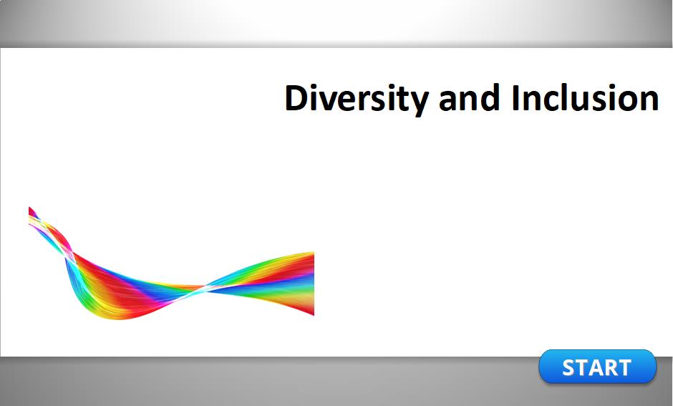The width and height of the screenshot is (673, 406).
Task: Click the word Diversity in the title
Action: pos(357,98)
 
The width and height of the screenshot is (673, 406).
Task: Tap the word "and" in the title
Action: pos(470,97)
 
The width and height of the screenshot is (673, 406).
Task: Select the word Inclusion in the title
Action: pos(585,97)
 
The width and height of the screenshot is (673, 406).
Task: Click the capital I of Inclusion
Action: pos(515,98)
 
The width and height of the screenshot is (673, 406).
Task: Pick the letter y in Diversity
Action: pos(419,103)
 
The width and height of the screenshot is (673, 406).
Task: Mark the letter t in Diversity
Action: pos(401,99)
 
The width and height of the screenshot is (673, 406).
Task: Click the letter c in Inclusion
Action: pos(551,101)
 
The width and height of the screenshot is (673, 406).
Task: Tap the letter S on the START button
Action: pos(570,368)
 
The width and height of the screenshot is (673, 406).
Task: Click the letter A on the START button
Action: pos(596,368)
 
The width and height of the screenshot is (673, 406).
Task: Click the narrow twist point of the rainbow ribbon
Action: pos(201,289)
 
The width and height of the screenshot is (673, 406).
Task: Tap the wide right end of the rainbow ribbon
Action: pos(311,284)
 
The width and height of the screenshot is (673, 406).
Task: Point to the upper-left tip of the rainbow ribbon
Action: pos(29,208)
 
